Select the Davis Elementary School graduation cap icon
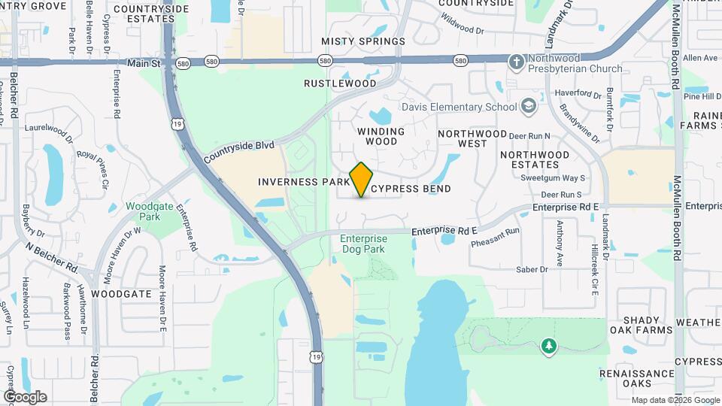pyautogui.click(x=529, y=105)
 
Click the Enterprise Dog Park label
pyautogui.click(x=363, y=244)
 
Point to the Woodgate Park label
pyautogui.click(x=143, y=211)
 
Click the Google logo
pyautogui.click(x=25, y=396)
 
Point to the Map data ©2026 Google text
pyautogui.click(x=674, y=400)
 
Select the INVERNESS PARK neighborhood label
pyautogui.click(x=304, y=182)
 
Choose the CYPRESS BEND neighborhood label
pyautogui.click(x=411, y=189)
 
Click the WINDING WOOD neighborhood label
pyautogui.click(x=381, y=136)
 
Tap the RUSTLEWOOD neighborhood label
pyautogui.click(x=340, y=83)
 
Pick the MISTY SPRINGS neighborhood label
pyautogui.click(x=363, y=41)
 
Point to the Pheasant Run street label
pyautogui.click(x=496, y=238)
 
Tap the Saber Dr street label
pyautogui.click(x=531, y=268)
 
